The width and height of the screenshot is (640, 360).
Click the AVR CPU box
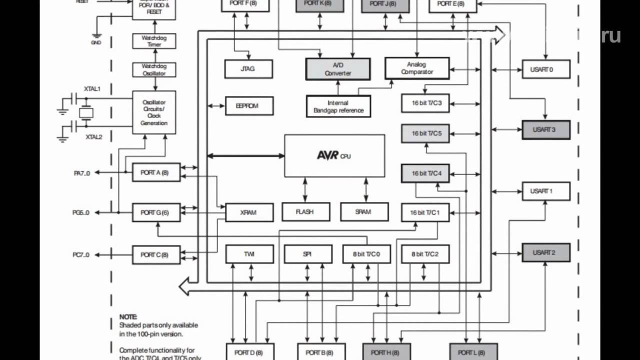click(x=334, y=155)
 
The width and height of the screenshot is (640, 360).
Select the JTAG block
click(x=248, y=69)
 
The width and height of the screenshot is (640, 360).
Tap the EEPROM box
click(x=249, y=106)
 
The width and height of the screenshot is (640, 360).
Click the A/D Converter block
click(x=338, y=69)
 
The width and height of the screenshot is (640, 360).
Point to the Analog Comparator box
click(x=417, y=68)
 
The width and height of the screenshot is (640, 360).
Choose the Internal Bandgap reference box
click(x=338, y=106)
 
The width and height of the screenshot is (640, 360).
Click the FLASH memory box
click(x=305, y=211)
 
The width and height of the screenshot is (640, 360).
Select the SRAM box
click(x=364, y=211)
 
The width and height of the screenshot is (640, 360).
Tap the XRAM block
click(x=249, y=212)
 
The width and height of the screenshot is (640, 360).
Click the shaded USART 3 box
click(x=546, y=129)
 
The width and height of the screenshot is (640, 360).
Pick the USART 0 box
click(x=546, y=69)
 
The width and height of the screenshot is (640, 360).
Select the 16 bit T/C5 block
click(x=425, y=133)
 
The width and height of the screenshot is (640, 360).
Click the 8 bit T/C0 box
click(x=366, y=254)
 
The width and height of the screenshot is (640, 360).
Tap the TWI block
click(x=249, y=254)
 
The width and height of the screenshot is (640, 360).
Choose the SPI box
click(x=307, y=254)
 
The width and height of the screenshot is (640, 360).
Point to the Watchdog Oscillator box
click(x=154, y=69)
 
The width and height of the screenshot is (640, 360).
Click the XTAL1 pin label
click(x=92, y=88)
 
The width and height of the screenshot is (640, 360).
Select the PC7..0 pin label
click(x=81, y=255)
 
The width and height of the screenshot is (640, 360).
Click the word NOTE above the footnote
click(x=127, y=317)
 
